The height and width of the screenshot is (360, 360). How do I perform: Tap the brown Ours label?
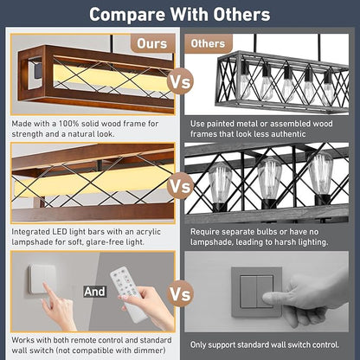click(x=152, y=43)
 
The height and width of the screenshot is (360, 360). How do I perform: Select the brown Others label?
click(x=208, y=43)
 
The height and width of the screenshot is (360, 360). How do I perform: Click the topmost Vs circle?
click(x=180, y=82)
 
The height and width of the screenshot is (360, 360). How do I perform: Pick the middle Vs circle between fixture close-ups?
click(x=180, y=186)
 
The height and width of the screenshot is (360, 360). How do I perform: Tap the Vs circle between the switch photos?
click(x=180, y=293)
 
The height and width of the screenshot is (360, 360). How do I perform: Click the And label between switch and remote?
click(x=95, y=292)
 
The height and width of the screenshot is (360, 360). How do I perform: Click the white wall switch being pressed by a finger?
click(x=41, y=280)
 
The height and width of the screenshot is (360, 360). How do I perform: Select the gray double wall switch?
click(x=256, y=292)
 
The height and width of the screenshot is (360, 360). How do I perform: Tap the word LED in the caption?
click(x=60, y=232)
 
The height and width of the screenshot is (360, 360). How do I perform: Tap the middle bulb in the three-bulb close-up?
click(x=269, y=178)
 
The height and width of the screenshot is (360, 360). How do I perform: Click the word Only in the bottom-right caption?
click(x=198, y=345)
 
